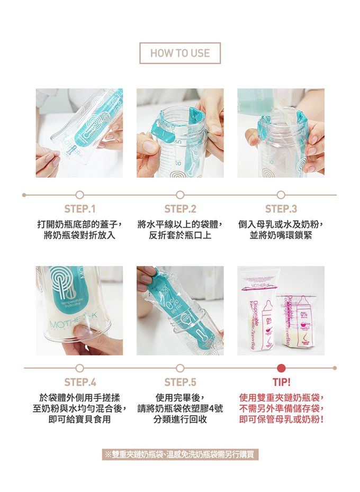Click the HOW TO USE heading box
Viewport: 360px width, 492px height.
point(180,53)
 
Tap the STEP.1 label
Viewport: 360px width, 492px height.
point(80,209)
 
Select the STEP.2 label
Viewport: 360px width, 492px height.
point(180,209)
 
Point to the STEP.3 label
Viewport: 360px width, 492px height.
point(281,209)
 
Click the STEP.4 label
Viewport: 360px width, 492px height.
point(80,382)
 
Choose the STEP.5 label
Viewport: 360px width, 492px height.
point(180,382)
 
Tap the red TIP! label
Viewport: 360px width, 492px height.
point(282,382)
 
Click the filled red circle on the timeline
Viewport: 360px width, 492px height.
point(282,368)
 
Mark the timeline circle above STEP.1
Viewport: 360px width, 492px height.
point(80,195)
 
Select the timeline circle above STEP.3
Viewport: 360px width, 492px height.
point(281,195)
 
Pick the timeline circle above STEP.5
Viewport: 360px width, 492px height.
point(180,368)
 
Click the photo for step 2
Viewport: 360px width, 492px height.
point(180,133)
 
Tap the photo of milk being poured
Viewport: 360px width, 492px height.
point(281,133)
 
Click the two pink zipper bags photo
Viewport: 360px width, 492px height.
point(281,311)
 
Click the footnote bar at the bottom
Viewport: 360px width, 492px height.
point(180,454)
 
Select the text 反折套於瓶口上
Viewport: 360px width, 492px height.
point(180,235)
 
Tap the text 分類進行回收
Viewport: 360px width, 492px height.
point(180,419)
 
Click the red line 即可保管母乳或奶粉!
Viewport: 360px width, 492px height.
point(282,419)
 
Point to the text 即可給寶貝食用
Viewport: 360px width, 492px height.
point(80,419)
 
